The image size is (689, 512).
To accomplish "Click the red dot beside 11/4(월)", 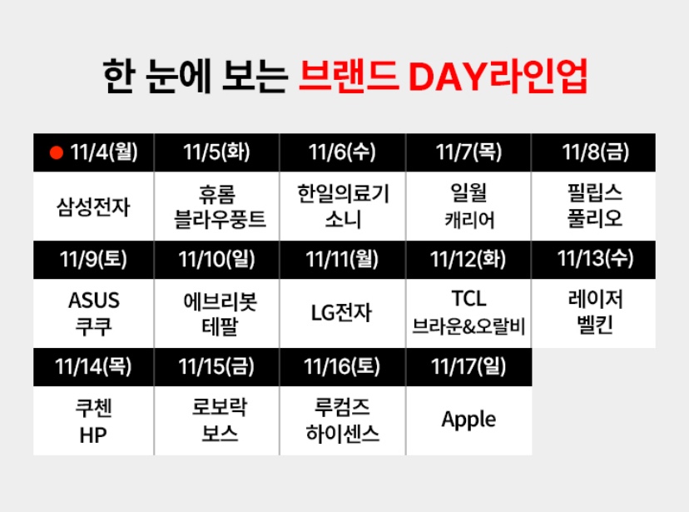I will point(57,152).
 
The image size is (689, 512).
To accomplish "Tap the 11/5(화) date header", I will point(216,152).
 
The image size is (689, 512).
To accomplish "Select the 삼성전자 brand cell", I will point(93,206).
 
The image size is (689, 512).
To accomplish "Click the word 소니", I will point(343,219).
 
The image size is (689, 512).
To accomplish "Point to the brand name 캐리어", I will point(468,219).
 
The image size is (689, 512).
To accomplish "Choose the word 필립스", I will point(592,195).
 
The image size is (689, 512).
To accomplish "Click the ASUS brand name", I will point(94,300).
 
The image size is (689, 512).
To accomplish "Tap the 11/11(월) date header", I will point(342,258).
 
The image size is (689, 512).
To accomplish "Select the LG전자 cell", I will point(342,312).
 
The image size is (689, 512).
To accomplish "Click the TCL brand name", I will point(468,299).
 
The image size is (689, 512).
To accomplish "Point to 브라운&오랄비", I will point(468,326).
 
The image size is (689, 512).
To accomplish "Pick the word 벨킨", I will point(594,325).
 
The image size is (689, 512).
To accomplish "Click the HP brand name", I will point(94,433).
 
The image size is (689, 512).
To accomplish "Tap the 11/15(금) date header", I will point(216,365).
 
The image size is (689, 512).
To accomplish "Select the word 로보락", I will point(218,408).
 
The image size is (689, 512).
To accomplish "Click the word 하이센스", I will point(343,433).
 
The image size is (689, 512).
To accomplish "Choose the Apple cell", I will point(468,419).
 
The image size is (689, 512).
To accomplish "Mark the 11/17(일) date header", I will point(468,365).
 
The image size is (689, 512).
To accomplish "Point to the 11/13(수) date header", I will point(594,258).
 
